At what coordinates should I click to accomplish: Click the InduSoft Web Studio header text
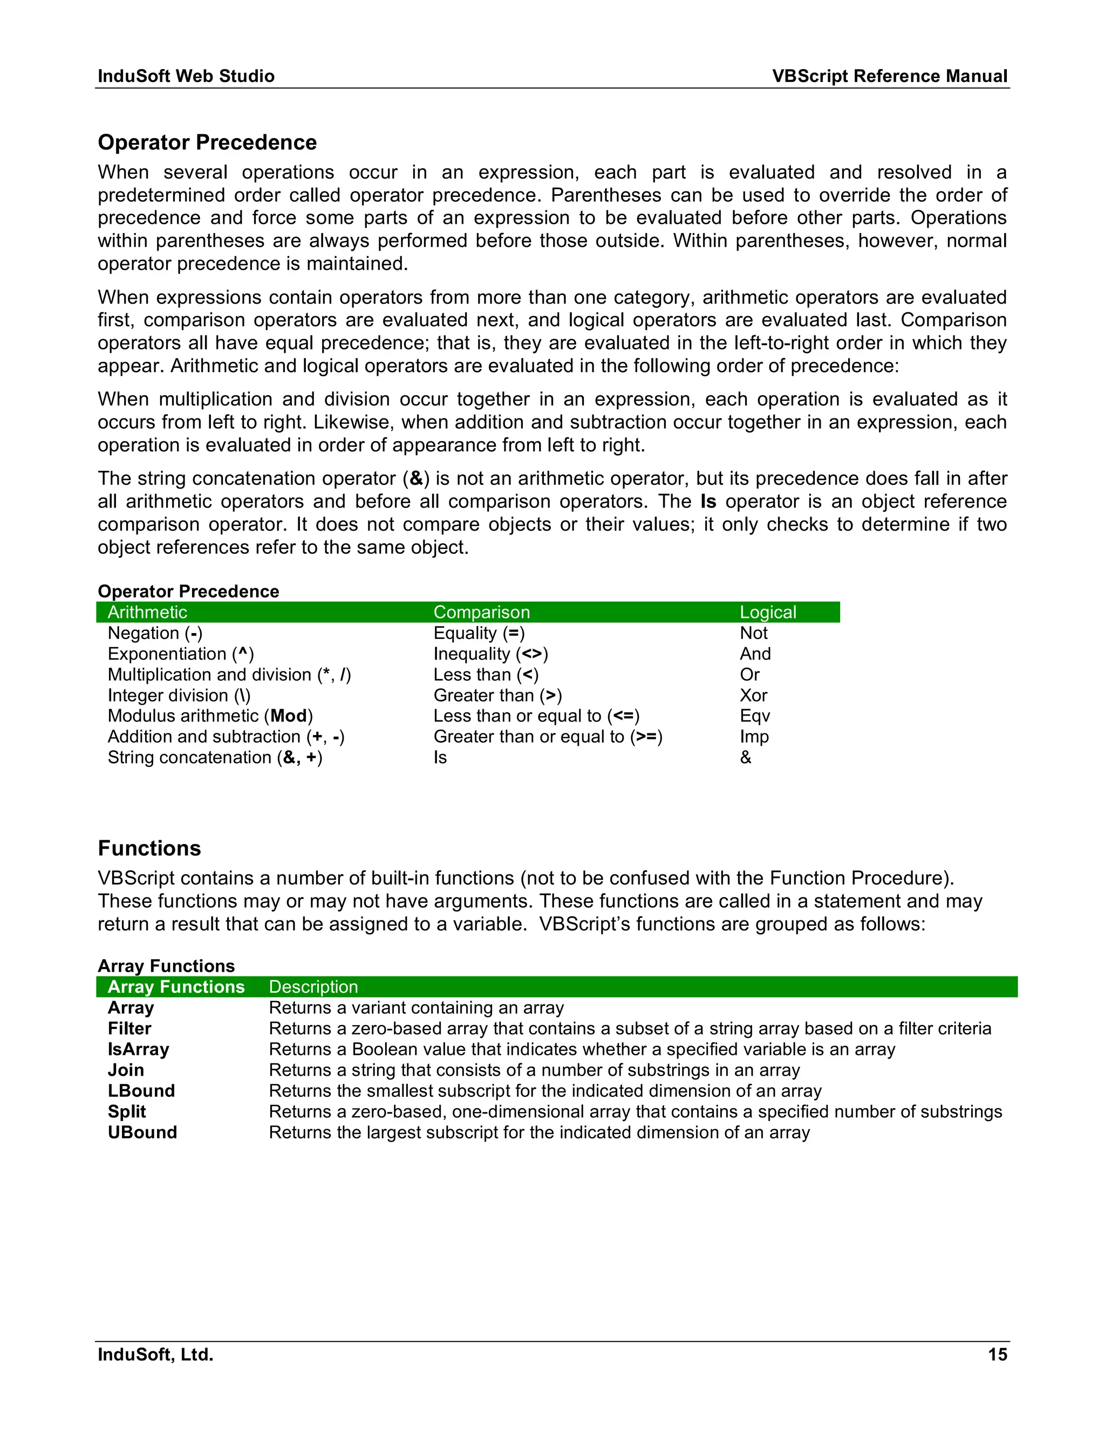click(x=186, y=76)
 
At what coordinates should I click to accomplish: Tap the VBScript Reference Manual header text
click(x=889, y=76)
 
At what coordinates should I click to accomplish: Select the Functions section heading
click(x=149, y=848)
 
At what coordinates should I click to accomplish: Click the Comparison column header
click(x=481, y=613)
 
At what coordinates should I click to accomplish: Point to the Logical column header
click(x=767, y=613)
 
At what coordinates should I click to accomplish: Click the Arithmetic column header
click(x=147, y=613)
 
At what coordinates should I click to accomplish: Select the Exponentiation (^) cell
click(x=181, y=654)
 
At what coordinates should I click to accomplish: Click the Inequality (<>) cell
click(x=490, y=654)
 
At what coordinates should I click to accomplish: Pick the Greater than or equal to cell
click(x=547, y=737)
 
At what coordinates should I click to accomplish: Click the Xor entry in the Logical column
click(x=753, y=696)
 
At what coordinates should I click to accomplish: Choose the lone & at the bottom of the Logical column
click(x=745, y=758)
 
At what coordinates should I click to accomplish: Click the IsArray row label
click(x=138, y=1049)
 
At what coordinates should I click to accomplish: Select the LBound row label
click(x=141, y=1091)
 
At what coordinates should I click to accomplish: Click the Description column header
click(x=313, y=987)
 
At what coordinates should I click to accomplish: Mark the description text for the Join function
click(x=534, y=1070)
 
